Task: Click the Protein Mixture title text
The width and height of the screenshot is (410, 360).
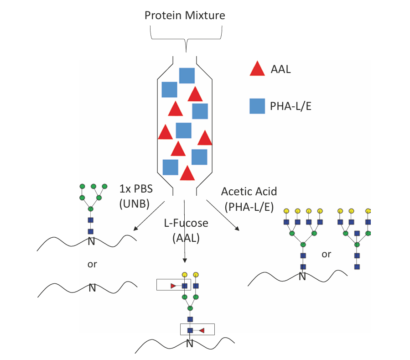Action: (x=185, y=16)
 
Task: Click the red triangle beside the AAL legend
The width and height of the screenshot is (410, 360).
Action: (x=257, y=69)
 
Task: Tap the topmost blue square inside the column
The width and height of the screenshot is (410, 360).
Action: (x=187, y=75)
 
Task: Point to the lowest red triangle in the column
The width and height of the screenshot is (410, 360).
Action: (x=187, y=173)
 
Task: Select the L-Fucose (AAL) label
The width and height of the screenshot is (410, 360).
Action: (x=186, y=230)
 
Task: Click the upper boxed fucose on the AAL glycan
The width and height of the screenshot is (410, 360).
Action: (x=174, y=286)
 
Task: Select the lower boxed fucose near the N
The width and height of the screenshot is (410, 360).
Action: (x=201, y=329)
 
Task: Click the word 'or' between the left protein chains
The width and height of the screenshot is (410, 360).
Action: (x=92, y=264)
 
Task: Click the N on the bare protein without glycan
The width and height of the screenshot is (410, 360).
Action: (x=92, y=288)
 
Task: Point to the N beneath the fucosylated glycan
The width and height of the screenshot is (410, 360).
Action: (x=190, y=344)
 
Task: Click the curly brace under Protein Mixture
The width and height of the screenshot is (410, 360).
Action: (x=186, y=38)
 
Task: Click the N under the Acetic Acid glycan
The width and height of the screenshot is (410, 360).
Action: (x=302, y=277)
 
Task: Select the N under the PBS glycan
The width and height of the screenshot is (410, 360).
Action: (x=91, y=241)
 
